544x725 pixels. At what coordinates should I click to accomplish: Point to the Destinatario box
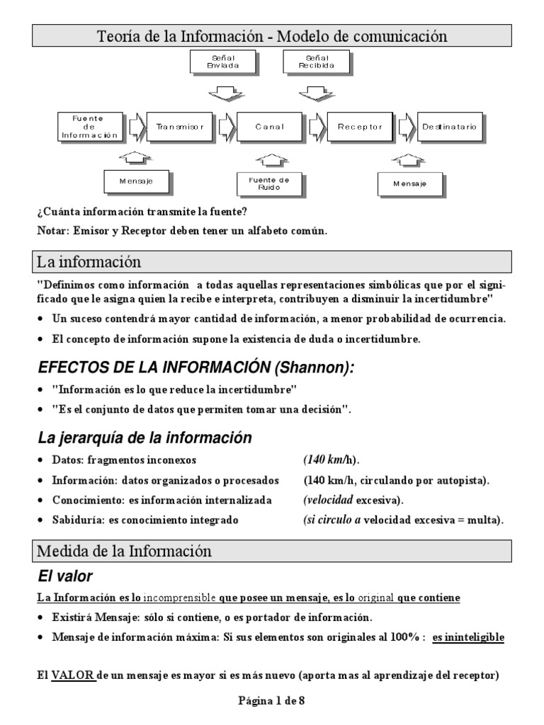point(449,127)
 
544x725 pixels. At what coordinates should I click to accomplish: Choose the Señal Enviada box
point(223,62)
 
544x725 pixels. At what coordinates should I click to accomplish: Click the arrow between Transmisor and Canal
point(227,127)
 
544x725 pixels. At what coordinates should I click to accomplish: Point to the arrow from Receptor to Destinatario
point(407,127)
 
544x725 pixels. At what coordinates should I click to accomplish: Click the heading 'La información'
point(89,262)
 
